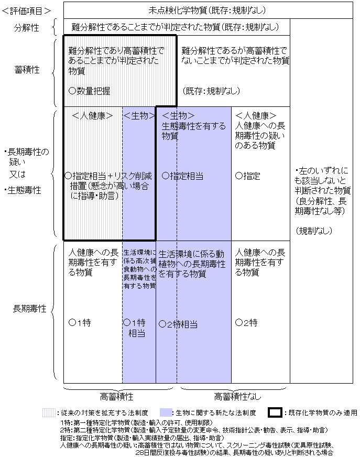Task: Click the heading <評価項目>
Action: [26, 11]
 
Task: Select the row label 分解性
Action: [26, 28]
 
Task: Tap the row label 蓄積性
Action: [27, 70]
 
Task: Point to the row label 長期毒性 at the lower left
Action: [29, 309]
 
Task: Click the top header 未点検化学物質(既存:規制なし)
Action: [208, 10]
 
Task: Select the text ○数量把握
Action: [89, 91]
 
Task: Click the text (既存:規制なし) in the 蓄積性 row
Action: [211, 91]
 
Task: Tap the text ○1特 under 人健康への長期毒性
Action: [80, 323]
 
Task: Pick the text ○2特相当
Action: [178, 324]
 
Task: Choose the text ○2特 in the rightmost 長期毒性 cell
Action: [246, 323]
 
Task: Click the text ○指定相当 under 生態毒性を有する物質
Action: [182, 176]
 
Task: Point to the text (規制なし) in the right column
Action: [314, 231]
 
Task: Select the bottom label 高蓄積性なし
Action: [237, 396]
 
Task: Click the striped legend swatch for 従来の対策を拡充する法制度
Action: [49, 412]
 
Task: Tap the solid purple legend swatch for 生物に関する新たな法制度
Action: [166, 412]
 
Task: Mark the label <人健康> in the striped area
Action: [92, 116]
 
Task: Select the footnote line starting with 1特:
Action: [136, 422]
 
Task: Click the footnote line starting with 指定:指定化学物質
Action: [142, 438]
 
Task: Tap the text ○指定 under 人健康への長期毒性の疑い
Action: [247, 176]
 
